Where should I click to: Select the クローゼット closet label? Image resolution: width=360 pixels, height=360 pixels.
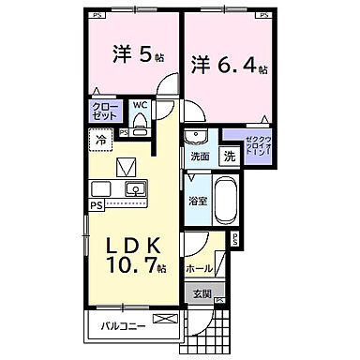(104, 113)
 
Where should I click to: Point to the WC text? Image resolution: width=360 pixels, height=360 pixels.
(141, 106)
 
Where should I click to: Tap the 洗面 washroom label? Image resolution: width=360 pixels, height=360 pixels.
(200, 156)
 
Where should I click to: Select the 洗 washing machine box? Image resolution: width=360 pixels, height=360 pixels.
(230, 156)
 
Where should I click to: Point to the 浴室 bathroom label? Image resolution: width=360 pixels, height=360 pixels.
(196, 200)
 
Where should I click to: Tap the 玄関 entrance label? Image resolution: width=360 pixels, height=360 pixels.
(203, 293)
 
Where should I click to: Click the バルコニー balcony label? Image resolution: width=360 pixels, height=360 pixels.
(125, 327)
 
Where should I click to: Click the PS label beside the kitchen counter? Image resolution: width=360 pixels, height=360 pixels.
(97, 204)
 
